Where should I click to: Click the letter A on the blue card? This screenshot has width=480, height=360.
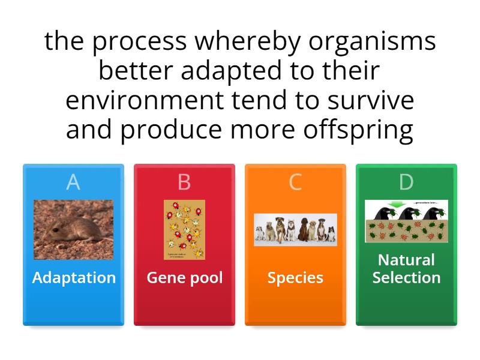[x=73, y=182]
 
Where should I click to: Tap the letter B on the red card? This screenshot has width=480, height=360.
[x=184, y=182]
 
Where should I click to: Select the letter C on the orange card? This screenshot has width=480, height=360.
[x=295, y=182]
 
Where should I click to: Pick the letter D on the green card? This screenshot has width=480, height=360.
[x=406, y=182]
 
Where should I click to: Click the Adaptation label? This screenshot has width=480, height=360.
[x=73, y=278]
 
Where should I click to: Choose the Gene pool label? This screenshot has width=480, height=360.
[x=184, y=278]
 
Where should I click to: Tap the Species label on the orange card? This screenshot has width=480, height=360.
[x=295, y=278]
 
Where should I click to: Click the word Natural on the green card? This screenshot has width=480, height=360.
[x=406, y=260]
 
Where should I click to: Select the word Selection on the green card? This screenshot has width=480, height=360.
[x=406, y=278]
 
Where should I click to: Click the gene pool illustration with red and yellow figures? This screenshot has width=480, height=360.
[x=184, y=229]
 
